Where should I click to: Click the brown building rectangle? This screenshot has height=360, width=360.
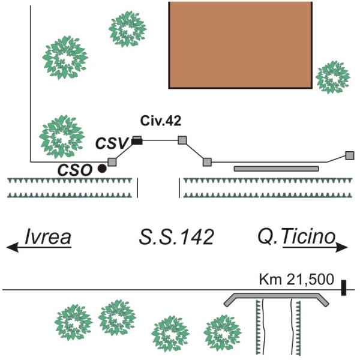240,45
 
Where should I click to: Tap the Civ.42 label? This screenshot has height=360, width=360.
161,121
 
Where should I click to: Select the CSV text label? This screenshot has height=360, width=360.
113,143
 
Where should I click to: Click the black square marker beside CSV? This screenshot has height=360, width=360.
137,141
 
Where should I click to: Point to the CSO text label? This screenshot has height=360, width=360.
76,169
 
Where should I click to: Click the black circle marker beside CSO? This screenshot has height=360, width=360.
102,169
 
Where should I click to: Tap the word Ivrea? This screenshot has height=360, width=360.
48,238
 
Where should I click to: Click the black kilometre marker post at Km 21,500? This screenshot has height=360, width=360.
343,287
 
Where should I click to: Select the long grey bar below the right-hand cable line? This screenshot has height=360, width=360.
276,169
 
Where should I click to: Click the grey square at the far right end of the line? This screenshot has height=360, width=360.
350,156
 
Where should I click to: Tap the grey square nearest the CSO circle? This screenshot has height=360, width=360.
112,162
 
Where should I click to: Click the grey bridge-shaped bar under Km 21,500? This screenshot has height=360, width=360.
276,296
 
